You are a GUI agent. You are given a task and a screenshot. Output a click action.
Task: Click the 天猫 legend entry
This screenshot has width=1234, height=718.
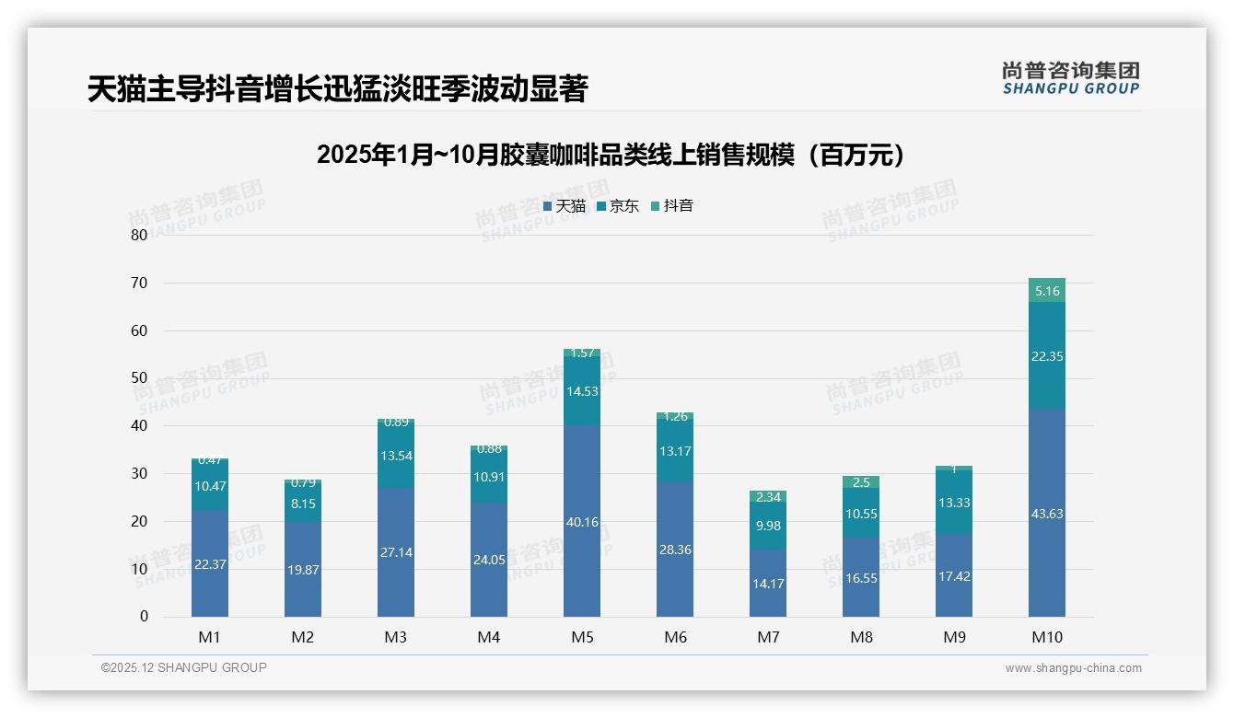[x=564, y=206]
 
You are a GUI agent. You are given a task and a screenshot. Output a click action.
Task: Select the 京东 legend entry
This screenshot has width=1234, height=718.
[x=617, y=206]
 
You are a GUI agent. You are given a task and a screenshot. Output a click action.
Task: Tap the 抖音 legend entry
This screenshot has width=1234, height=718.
[x=671, y=206]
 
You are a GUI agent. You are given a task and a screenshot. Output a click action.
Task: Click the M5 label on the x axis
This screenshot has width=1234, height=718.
[x=581, y=637]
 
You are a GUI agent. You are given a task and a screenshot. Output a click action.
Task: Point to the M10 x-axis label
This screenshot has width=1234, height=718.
[x=1046, y=637]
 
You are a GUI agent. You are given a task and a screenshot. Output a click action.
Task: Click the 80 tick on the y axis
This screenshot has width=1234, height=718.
[x=139, y=235]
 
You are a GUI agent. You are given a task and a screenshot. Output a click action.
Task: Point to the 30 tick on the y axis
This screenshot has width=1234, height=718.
[x=139, y=473]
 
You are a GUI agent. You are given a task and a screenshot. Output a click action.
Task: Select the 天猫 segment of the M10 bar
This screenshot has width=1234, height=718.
[x=1046, y=514]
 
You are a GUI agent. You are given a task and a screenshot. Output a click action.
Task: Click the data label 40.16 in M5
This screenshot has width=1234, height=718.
[x=581, y=522]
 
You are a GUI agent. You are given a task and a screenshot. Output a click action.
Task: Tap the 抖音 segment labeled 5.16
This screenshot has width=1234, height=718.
[x=1047, y=291]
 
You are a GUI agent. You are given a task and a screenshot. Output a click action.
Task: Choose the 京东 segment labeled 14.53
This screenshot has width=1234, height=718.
[x=581, y=390]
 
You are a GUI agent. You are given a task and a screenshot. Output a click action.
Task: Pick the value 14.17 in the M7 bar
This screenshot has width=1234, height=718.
[x=767, y=583]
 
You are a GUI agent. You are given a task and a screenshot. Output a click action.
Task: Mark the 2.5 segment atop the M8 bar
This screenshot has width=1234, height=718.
[x=861, y=482]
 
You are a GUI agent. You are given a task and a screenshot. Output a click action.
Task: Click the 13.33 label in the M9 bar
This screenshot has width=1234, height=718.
[x=954, y=503]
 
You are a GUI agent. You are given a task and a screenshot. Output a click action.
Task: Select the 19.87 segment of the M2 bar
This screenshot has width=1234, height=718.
[x=302, y=570]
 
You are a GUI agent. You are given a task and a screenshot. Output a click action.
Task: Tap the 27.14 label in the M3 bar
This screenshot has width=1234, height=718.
[x=395, y=552]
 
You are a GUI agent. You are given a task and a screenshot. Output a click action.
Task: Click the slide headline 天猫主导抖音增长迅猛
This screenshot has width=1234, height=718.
[x=337, y=89]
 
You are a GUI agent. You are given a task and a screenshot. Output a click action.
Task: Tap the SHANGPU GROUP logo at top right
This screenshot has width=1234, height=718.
[x=1070, y=78]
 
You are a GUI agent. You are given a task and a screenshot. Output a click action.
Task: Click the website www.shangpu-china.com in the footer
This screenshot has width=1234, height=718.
[x=1073, y=668]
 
